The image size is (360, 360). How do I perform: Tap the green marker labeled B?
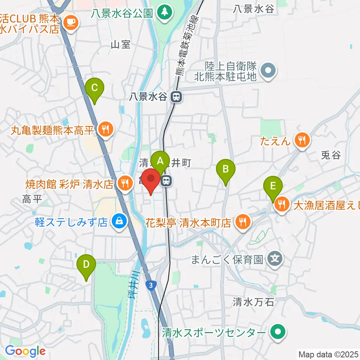226,169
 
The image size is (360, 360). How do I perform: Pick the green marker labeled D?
86,265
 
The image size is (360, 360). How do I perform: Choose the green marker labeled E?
273,186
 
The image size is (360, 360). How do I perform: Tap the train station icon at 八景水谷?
175,97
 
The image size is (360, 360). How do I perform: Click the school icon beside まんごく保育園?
275,259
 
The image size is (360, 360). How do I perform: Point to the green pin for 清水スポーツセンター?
278,332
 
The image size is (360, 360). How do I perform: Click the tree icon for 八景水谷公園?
163,13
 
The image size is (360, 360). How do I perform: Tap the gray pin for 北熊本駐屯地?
268,70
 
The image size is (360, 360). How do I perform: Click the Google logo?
25,351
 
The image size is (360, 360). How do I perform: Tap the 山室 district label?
121,45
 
